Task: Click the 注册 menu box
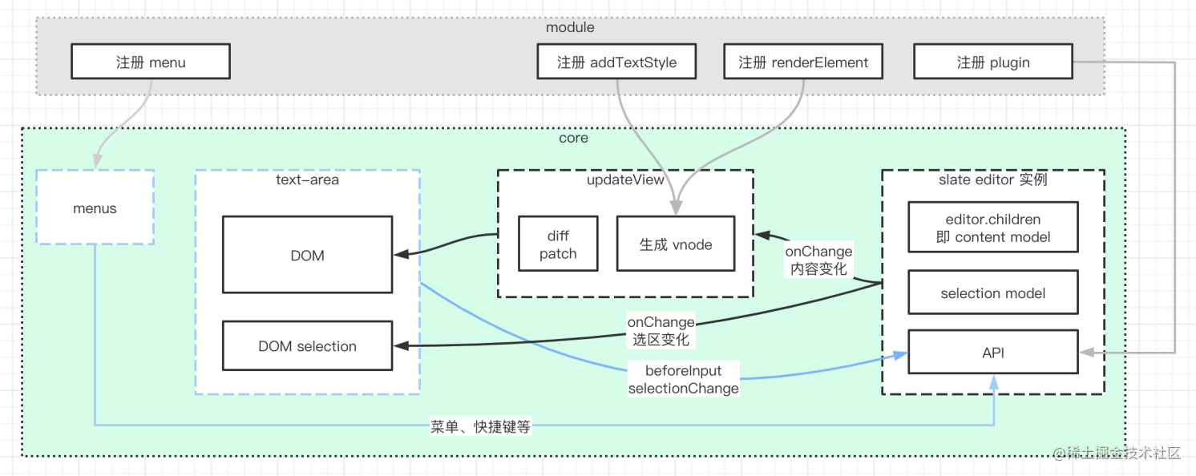[x=151, y=62]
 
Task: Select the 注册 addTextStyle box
[x=616, y=62]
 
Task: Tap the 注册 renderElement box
[x=803, y=62]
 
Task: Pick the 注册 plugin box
[x=993, y=62]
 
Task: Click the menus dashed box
[x=95, y=208]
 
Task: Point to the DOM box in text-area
[x=307, y=255]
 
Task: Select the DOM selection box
[x=307, y=346]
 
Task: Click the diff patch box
[x=558, y=245]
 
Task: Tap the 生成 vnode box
[x=675, y=245]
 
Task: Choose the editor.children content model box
[x=992, y=228]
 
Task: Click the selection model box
[x=992, y=293]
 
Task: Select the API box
[x=992, y=352]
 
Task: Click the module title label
[x=570, y=28]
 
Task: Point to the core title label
[x=573, y=138]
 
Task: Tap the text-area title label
[x=307, y=180]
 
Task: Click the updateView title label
[x=625, y=180]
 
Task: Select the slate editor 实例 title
[x=992, y=180]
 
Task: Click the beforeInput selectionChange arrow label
[x=683, y=380]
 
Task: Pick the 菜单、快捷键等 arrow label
[x=480, y=426]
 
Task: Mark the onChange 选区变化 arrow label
[x=661, y=331]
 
